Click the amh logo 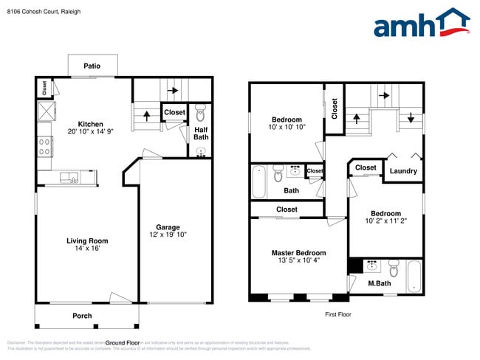pos(421,24)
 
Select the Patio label pos(92,66)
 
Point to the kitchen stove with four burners pos(44,144)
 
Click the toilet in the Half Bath pos(200,113)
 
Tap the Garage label pos(168,226)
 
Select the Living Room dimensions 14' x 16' pos(87,249)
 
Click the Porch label pos(82,316)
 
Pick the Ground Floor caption pos(123,343)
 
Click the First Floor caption pos(337,314)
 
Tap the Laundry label pos(403,171)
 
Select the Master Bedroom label pos(298,253)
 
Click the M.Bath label pos(380,283)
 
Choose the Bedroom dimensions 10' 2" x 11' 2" pos(385,221)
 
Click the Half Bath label pos(201,133)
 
